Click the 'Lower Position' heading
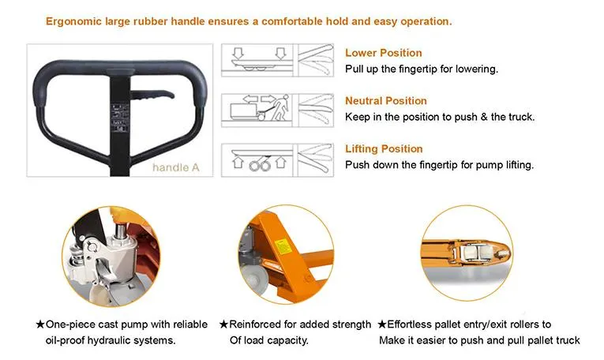coord(383,53)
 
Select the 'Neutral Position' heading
coord(386,100)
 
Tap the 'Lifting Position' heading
coord(384,148)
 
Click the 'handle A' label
coord(175,167)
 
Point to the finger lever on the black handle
coord(152,96)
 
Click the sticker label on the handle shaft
coord(119,118)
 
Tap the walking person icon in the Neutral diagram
coord(281,107)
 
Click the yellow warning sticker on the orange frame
coord(283,247)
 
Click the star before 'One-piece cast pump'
coord(40,324)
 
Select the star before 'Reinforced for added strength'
coord(223,324)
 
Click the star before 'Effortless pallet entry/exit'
coord(381,324)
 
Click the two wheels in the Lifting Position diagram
coord(260,165)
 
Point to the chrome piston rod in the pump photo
coord(121,231)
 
